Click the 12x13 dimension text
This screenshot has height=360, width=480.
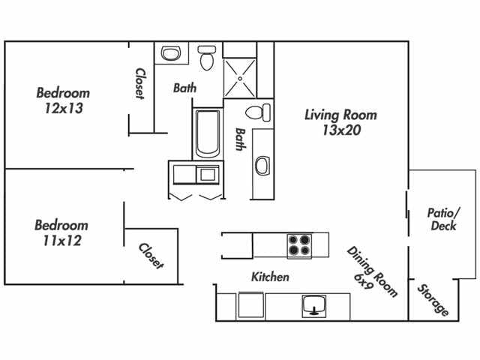pyautogui.click(x=63, y=109)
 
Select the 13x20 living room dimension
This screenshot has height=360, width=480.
pyautogui.click(x=340, y=131)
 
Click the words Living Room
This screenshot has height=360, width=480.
pyautogui.click(x=340, y=115)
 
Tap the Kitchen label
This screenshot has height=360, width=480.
pyautogui.click(x=270, y=277)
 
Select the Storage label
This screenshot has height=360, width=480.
pyautogui.click(x=433, y=300)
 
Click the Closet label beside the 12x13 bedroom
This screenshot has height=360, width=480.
pyautogui.click(x=140, y=84)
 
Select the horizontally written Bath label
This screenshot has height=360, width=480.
pyautogui.click(x=184, y=88)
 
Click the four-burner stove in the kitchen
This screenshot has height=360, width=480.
pyautogui.click(x=300, y=245)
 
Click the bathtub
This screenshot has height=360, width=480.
pyautogui.click(x=207, y=135)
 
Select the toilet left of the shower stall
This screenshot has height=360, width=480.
pyautogui.click(x=207, y=57)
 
